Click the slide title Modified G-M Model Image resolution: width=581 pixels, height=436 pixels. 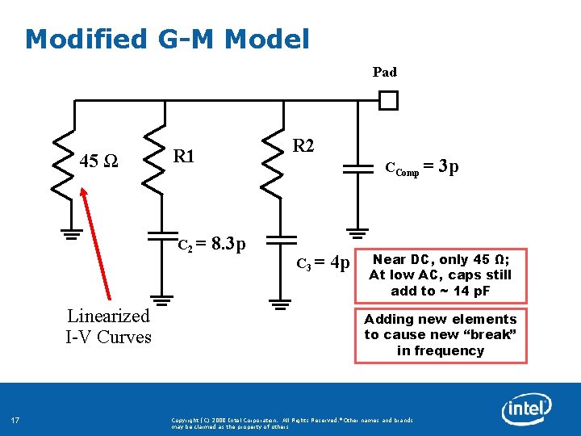tap(167, 38)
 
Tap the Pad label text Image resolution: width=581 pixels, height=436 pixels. tap(385, 72)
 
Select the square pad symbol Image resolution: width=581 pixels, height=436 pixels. tap(389, 101)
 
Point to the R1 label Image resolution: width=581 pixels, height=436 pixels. tap(185, 156)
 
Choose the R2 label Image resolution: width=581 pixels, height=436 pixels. tap(303, 146)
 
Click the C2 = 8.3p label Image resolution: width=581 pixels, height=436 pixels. tap(212, 244)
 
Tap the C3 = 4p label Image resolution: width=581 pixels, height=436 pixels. tap(323, 263)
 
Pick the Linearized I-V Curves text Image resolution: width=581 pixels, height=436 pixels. tap(108, 326)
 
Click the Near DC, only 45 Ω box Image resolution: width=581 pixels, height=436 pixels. tap(440, 275)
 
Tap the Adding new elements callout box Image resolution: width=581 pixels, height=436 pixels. tap(440, 335)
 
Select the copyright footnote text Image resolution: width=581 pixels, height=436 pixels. tap(292, 423)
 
